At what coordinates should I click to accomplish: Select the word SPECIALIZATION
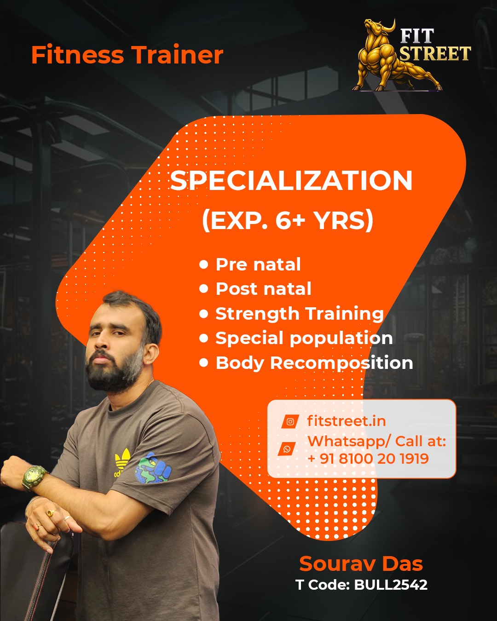tap(291, 180)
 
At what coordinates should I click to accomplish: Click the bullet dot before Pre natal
tap(204, 264)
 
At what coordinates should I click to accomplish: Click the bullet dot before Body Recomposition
tap(204, 363)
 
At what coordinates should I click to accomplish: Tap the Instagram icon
tap(290, 422)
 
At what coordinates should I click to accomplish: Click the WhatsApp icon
tap(287, 448)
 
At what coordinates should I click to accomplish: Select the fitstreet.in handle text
tap(346, 421)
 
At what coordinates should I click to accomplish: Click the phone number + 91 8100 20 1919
tap(368, 458)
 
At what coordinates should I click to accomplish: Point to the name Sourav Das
tap(361, 563)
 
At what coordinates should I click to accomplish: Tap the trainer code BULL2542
tap(390, 585)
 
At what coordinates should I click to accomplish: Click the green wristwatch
tap(34, 477)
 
